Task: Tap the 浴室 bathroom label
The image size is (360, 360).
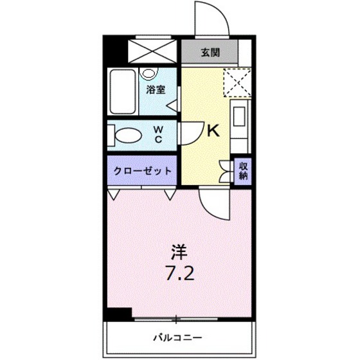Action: click(154, 91)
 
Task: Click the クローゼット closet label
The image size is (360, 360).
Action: click(142, 171)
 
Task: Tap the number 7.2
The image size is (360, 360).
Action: click(179, 273)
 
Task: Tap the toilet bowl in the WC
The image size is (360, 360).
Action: click(130, 136)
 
